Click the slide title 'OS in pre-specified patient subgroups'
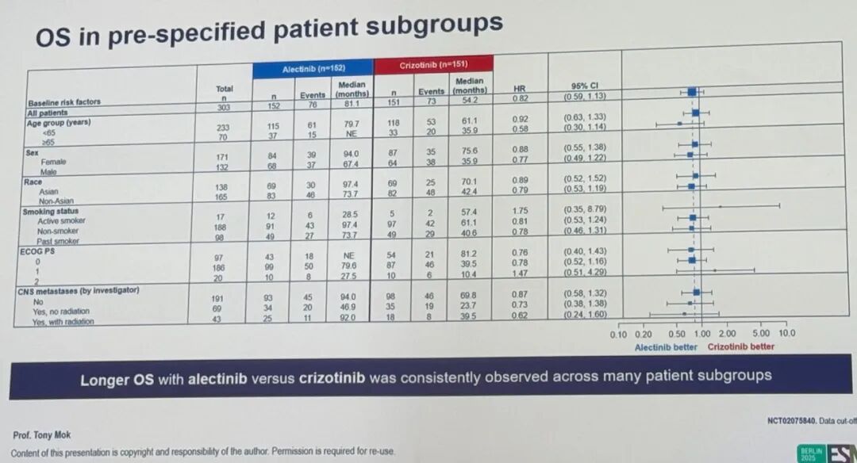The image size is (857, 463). tap(269, 32)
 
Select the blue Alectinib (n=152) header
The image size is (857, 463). tap(313, 69)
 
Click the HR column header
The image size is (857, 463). tap(520, 88)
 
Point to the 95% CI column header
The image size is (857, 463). tap(584, 86)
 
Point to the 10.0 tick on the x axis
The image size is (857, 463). tap(786, 333)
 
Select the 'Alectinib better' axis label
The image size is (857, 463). tap(667, 347)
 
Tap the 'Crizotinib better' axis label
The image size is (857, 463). tap(741, 346)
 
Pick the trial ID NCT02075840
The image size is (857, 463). tap(795, 421)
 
